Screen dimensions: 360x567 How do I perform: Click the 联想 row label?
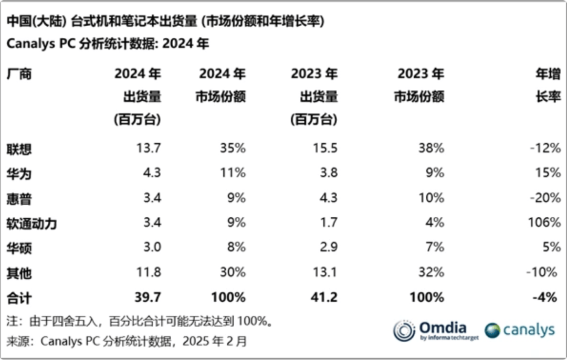click(19, 149)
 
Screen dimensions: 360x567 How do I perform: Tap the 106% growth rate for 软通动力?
click(544, 223)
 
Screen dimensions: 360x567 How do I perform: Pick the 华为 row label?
click(19, 174)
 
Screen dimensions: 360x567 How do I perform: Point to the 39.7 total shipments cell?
click(148, 298)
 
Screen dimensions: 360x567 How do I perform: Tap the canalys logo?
click(519, 330)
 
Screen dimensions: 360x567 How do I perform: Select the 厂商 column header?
click(19, 74)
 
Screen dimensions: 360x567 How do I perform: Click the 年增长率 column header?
click(547, 86)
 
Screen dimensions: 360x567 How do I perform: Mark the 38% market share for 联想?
click(432, 149)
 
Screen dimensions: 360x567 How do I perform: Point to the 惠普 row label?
click(19, 198)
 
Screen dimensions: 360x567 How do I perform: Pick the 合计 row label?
click(19, 298)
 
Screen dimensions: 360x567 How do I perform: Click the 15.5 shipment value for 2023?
click(325, 149)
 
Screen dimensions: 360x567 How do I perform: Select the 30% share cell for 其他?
click(233, 272)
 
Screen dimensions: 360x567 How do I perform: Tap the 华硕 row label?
click(19, 248)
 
